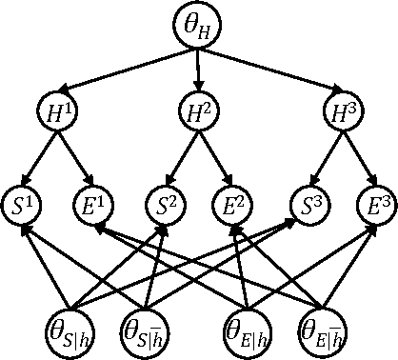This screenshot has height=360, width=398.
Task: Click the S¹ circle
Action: tap(27, 205)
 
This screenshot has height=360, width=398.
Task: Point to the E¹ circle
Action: tap(94, 205)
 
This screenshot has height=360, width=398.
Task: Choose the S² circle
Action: tap(165, 205)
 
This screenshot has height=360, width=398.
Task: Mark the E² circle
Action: tap(232, 205)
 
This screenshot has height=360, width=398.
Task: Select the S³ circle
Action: tap(304, 205)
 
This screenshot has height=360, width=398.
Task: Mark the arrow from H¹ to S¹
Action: tap(44, 156)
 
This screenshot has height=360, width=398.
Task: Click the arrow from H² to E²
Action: tap(215, 156)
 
